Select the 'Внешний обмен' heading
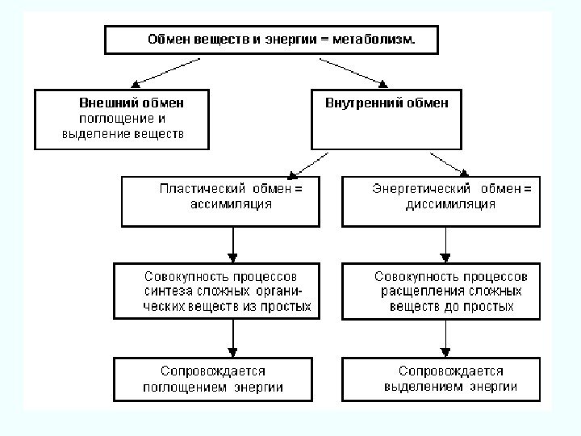131,103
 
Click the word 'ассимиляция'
230,204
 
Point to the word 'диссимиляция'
451,204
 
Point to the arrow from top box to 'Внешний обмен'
161,71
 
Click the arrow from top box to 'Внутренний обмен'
355,71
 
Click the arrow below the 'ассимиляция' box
233,242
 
